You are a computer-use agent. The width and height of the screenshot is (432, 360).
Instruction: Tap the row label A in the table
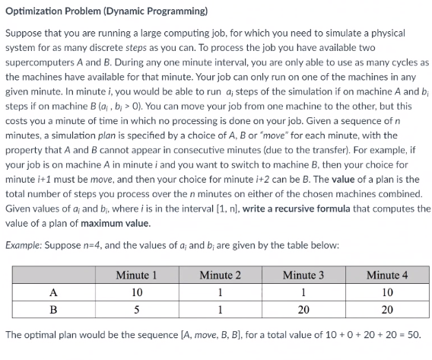[x=52, y=292]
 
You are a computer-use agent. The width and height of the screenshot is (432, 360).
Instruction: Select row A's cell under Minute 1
[x=138, y=292]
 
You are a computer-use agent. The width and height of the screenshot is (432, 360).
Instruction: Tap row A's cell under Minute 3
[x=303, y=292]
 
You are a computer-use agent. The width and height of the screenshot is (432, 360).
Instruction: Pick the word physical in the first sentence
[x=392, y=33]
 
